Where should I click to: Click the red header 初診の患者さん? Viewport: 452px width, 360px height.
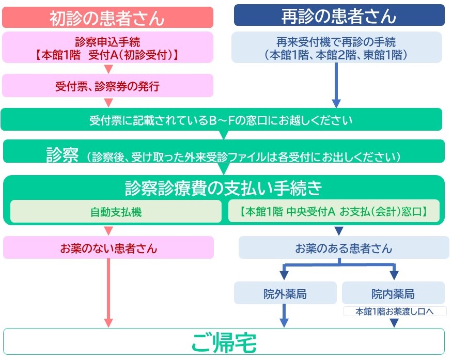(107, 18)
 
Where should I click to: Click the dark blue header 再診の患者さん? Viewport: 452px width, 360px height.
(339, 16)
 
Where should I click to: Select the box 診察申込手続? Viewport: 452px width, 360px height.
(107, 47)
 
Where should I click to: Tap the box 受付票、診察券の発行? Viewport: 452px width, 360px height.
(107, 86)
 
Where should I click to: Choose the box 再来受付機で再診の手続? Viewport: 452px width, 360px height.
(336, 47)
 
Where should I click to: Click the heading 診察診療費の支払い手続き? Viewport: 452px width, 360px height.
(223, 188)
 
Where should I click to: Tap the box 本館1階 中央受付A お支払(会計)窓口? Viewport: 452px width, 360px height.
(333, 212)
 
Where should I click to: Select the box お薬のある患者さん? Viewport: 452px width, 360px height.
(344, 248)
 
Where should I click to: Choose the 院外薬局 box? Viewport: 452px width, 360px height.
(285, 294)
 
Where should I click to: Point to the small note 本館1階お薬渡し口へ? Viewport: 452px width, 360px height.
(394, 311)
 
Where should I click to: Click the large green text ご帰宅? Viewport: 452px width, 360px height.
(224, 342)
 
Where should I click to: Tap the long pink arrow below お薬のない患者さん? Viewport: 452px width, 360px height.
(108, 292)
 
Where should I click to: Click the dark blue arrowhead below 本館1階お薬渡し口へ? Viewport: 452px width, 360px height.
(394, 322)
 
